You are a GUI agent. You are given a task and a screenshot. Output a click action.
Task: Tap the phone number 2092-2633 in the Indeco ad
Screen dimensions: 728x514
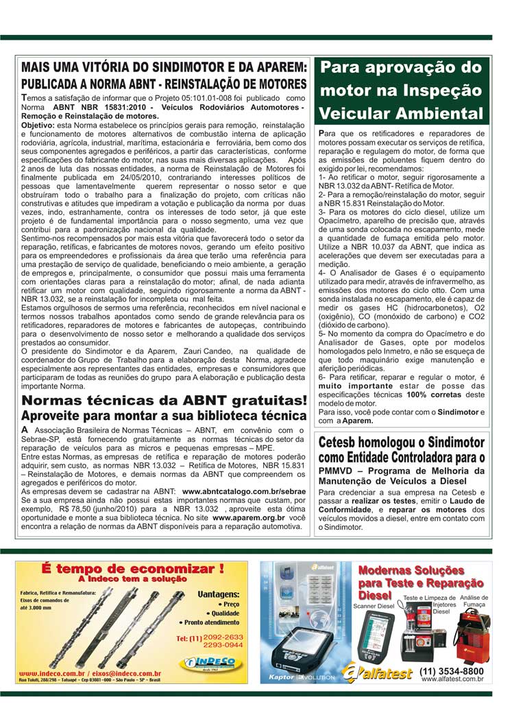223,637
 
